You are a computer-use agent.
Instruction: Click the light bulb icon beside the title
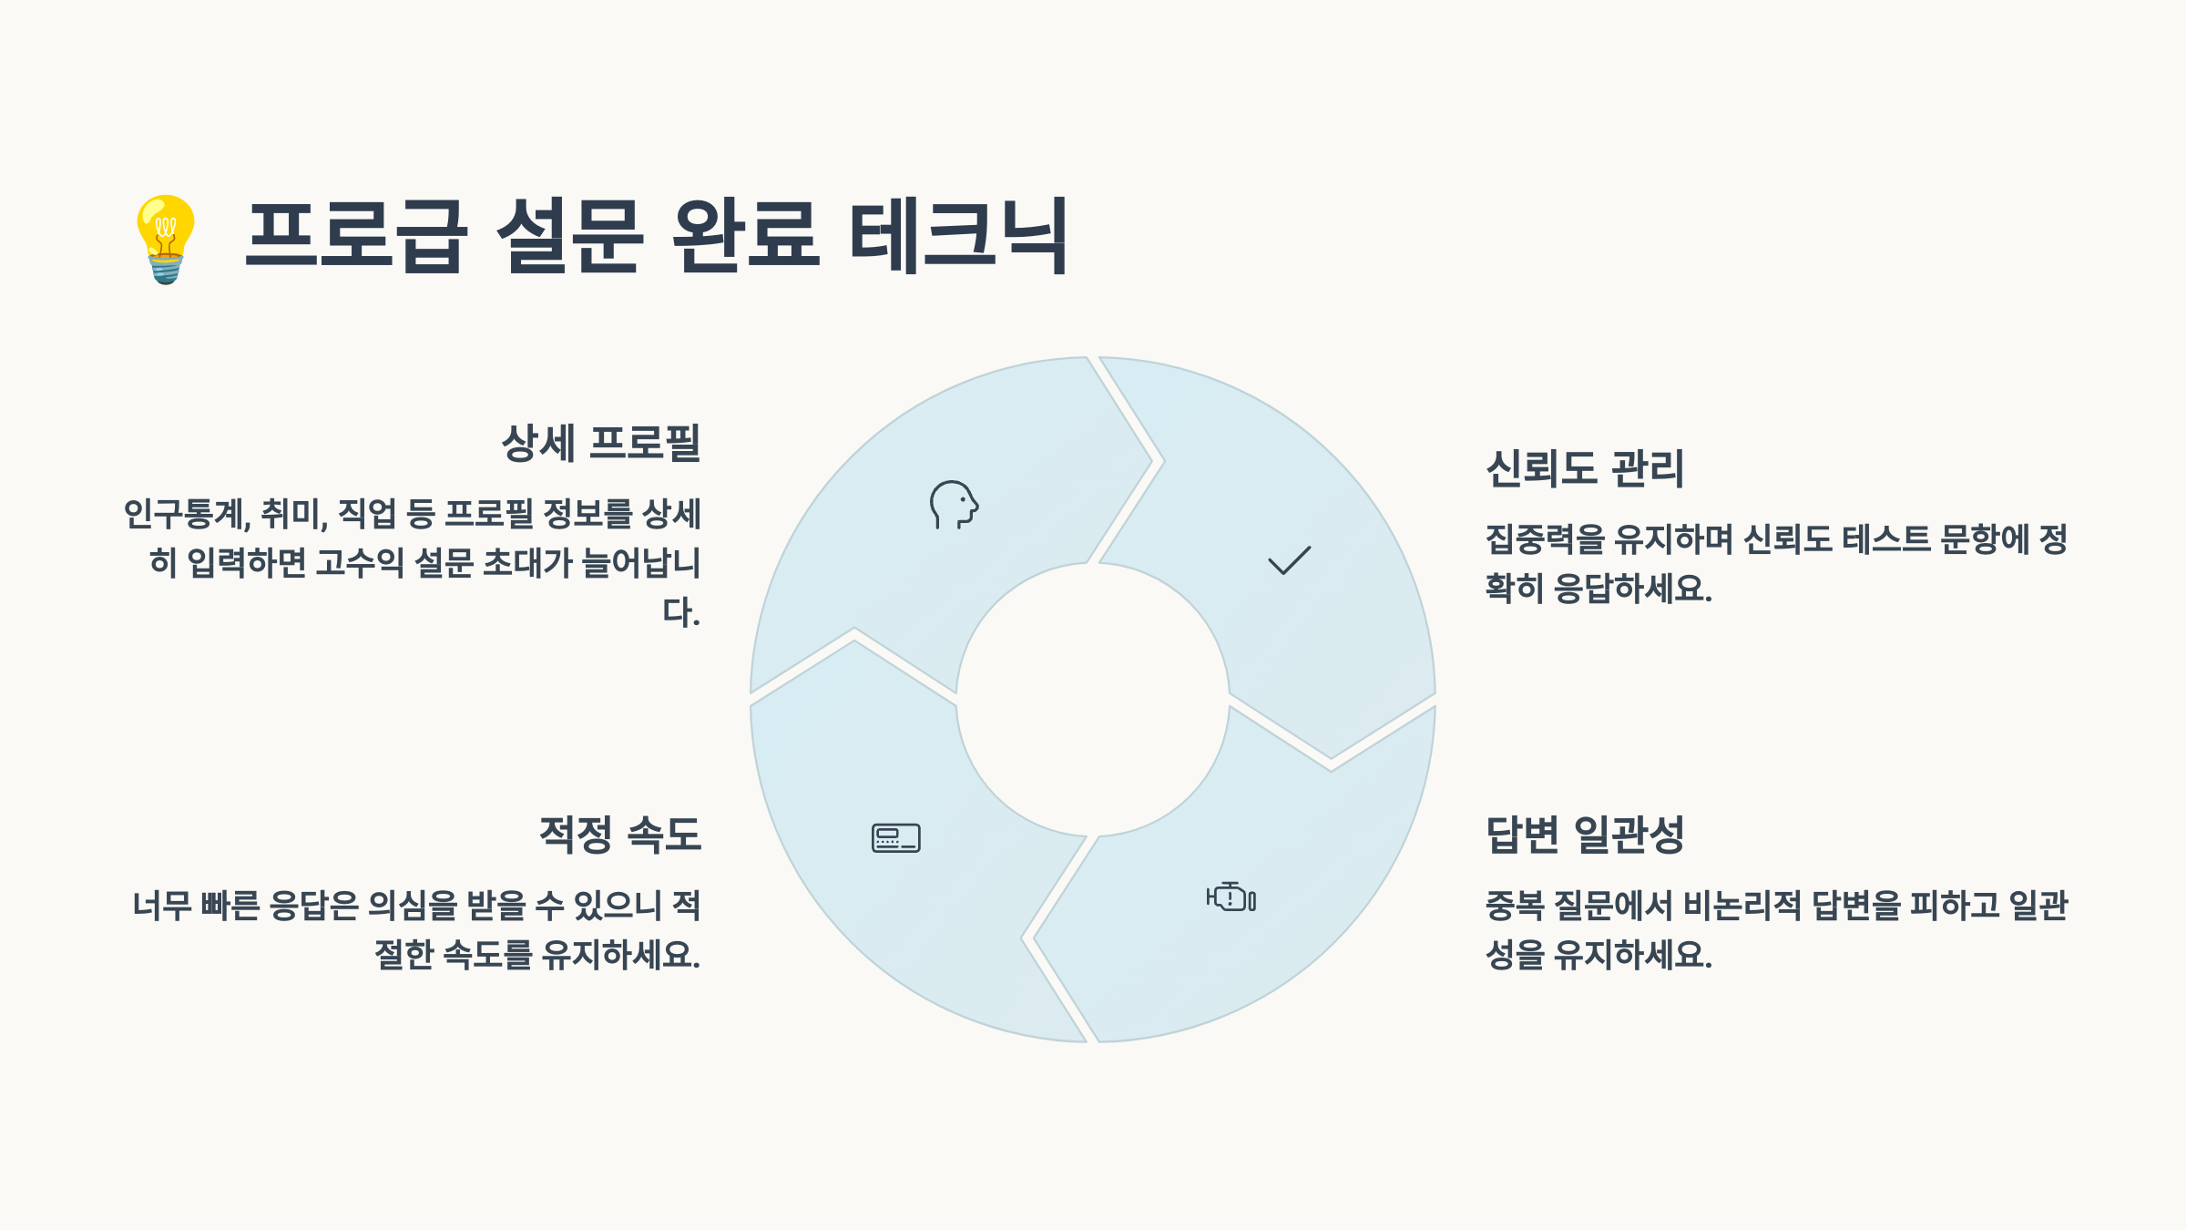[166, 239]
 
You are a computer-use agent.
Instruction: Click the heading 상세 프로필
[601, 443]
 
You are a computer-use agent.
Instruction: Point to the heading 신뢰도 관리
[1585, 468]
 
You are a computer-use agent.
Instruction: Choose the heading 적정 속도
[620, 834]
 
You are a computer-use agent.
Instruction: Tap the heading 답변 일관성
[1585, 834]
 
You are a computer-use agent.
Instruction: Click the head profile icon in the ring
[954, 505]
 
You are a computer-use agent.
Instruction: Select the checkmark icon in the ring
[1290, 560]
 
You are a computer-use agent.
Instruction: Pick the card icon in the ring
[896, 837]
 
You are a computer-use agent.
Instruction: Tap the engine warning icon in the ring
[1231, 897]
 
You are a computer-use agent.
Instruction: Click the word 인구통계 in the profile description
[185, 515]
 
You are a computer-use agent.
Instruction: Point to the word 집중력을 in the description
[1546, 539]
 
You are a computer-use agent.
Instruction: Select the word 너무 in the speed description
[161, 906]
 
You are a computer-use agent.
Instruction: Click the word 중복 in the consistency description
[1515, 906]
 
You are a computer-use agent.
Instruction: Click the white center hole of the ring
[1093, 700]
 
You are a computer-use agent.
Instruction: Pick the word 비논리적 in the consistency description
[1742, 906]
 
